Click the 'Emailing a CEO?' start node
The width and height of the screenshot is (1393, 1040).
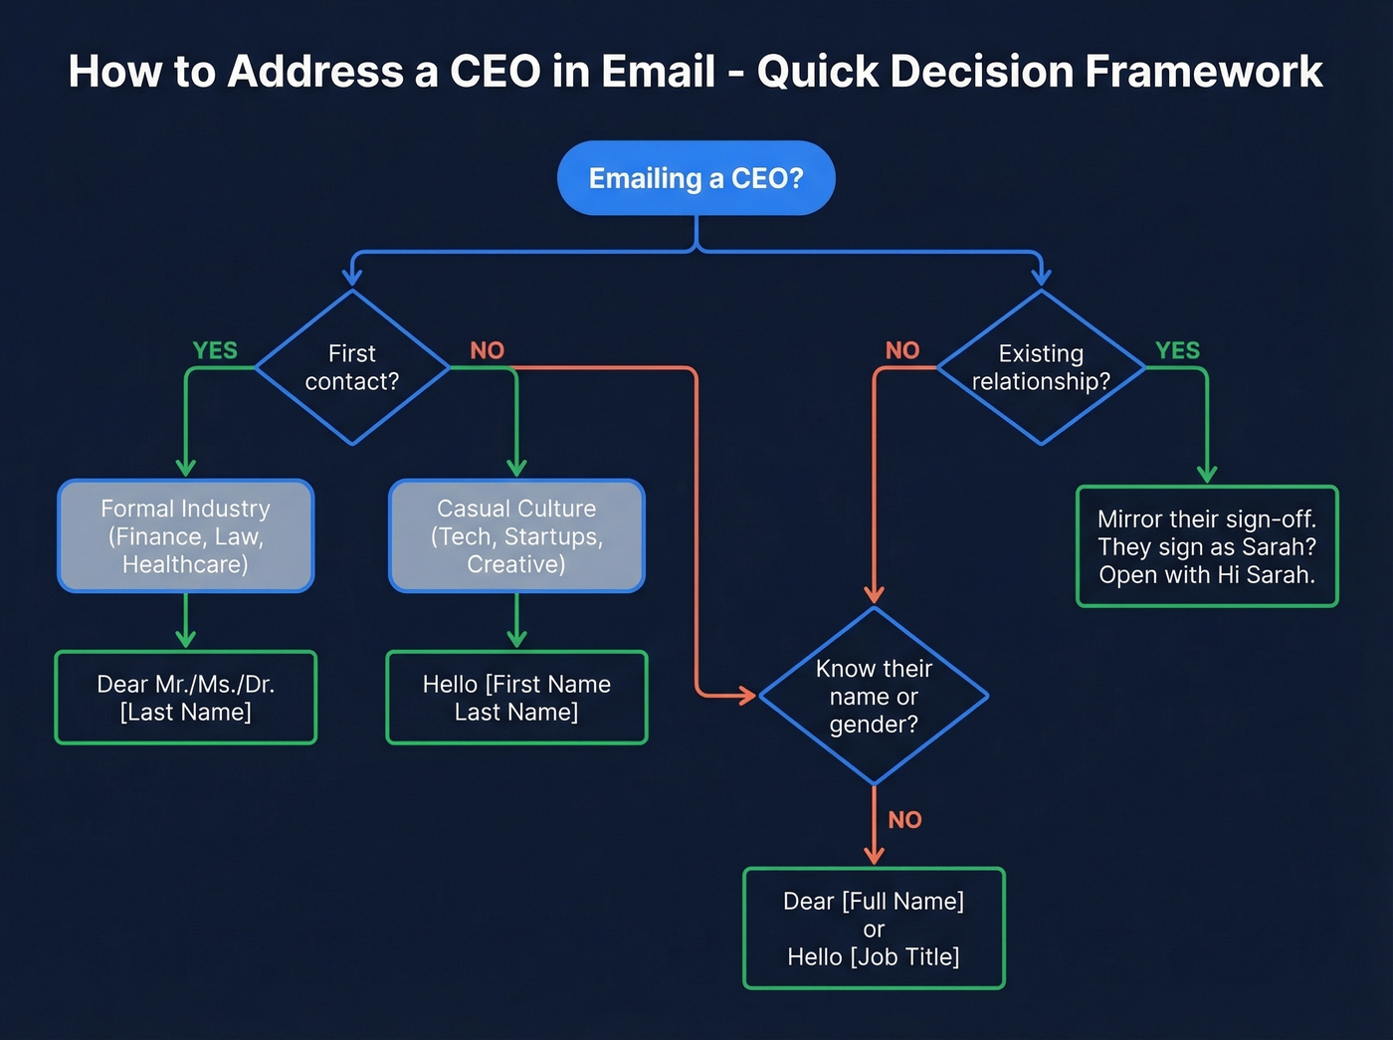click(x=696, y=178)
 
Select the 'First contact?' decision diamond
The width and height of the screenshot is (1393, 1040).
click(x=352, y=367)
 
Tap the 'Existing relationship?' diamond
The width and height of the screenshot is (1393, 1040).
click(x=1041, y=367)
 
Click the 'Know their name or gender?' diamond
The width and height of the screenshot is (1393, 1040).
click(x=874, y=696)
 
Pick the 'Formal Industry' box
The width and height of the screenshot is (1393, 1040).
click(x=186, y=536)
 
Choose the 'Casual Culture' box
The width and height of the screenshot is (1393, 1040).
click(x=516, y=536)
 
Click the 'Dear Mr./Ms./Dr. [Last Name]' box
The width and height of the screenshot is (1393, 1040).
click(x=186, y=698)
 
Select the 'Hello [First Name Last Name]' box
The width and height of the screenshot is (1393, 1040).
click(x=516, y=698)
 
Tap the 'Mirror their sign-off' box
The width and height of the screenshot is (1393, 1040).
click(x=1207, y=546)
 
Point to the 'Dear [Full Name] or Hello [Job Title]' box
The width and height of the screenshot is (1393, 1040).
click(x=874, y=929)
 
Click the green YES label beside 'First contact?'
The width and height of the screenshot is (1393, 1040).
click(x=215, y=350)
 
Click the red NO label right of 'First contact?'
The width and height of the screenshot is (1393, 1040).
click(x=488, y=350)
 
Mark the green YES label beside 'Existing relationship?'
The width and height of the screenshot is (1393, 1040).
click(x=1177, y=350)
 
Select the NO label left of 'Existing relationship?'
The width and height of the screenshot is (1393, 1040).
click(x=902, y=350)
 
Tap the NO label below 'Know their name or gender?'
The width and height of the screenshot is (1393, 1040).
click(x=904, y=820)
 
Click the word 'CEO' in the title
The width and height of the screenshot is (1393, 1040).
click(x=496, y=72)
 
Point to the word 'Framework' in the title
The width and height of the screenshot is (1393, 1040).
click(x=1203, y=72)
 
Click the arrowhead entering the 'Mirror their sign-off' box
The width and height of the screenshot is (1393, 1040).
click(x=1207, y=474)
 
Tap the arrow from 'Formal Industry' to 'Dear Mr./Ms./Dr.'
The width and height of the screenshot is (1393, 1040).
click(x=186, y=622)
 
